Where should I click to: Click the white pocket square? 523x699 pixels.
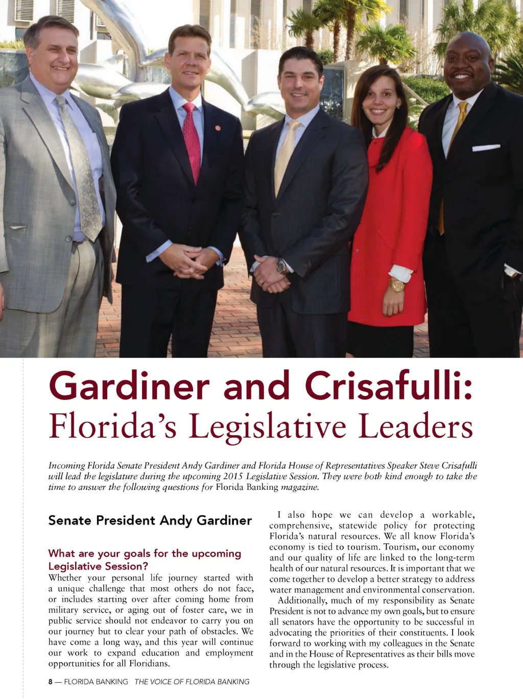pos(486,148)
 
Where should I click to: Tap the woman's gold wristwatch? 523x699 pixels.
pos(397,285)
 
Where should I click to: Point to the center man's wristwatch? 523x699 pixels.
pos(281,266)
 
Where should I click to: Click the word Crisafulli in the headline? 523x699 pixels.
pos(389,386)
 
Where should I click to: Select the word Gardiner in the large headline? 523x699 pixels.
pos(129,386)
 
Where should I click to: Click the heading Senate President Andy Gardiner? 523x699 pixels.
pos(150,520)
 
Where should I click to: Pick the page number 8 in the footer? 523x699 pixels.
pos(51,682)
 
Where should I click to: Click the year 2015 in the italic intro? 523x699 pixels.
pos(233,477)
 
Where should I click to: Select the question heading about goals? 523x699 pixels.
pos(145,560)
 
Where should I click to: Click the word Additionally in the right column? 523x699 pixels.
pos(302,601)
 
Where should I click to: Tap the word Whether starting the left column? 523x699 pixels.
pos(65,578)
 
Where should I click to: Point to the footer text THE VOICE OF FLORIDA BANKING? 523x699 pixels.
pos(192,682)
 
